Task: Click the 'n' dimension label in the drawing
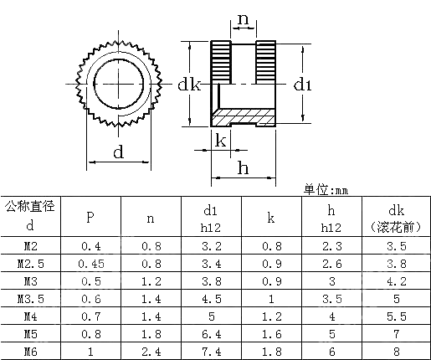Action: (x=243, y=18)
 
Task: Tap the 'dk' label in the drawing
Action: (x=189, y=85)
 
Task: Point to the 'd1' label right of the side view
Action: (x=302, y=85)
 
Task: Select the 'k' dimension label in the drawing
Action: (x=220, y=140)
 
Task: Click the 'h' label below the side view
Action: (x=243, y=167)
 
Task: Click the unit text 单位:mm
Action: (x=325, y=189)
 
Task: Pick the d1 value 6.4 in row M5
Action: (x=210, y=334)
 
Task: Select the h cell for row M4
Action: (x=331, y=316)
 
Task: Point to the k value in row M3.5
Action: (x=270, y=299)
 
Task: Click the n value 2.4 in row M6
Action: (x=150, y=352)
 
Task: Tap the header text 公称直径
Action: (x=30, y=207)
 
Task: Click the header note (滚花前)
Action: (x=397, y=227)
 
